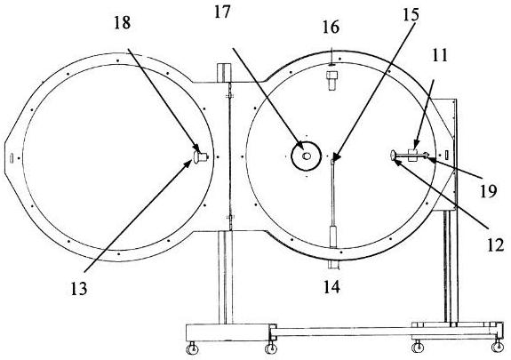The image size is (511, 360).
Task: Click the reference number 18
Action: pos(123,23)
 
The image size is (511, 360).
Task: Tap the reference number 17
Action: pos(222,12)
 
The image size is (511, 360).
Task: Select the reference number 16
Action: pos(331,27)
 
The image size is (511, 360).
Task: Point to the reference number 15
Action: pos(411,15)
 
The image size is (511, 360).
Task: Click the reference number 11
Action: pos(440,55)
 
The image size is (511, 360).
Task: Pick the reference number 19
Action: pos(488,191)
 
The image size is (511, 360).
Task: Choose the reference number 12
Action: pos(495,245)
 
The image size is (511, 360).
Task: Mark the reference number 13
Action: pos(79,289)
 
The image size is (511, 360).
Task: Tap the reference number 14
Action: pos(331,287)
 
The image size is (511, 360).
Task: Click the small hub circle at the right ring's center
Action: pos(306,156)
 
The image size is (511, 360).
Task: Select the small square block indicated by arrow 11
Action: pos(413,156)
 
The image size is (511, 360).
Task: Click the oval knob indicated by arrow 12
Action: pos(394,156)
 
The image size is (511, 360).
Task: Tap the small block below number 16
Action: pos(331,80)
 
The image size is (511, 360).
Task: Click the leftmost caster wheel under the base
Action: pos(192,349)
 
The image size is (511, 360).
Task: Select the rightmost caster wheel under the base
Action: pos(498,347)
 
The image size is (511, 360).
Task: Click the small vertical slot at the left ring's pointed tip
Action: pos(12,158)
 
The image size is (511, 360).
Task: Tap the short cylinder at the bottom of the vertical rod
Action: pos(334,236)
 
